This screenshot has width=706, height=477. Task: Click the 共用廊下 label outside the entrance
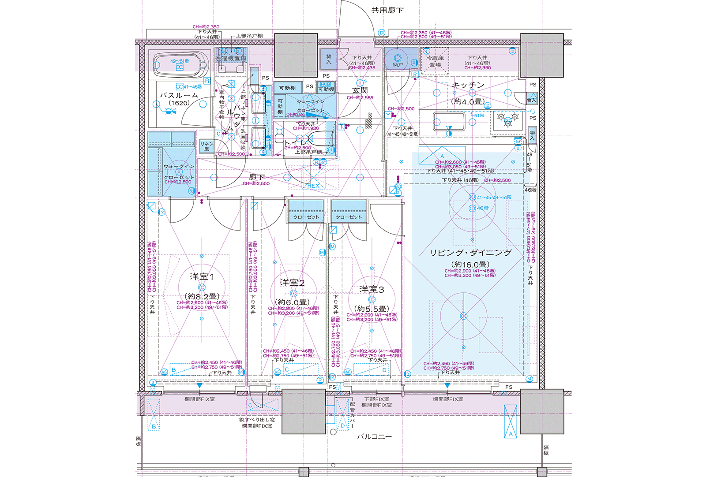(x=387, y=10)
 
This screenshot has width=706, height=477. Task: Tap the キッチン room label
(x=468, y=85)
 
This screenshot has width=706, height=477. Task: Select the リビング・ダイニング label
(x=470, y=253)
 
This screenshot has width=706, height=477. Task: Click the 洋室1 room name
(x=202, y=276)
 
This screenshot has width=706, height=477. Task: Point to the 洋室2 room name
(x=292, y=283)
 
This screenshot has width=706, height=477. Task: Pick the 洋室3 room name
(x=372, y=289)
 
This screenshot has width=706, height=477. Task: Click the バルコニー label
(x=374, y=436)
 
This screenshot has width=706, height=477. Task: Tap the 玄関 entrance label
(x=360, y=90)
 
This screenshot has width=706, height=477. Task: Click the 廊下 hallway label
(x=256, y=177)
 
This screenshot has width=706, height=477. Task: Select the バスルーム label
(x=179, y=95)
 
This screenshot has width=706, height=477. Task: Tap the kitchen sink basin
(x=449, y=121)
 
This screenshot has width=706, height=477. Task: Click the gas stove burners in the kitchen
(x=507, y=119)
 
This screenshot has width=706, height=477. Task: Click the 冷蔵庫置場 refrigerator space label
(x=435, y=61)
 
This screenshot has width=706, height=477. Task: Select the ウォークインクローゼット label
(x=179, y=171)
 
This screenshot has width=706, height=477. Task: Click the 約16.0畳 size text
(x=470, y=265)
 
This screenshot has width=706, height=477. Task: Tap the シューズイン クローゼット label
(x=310, y=106)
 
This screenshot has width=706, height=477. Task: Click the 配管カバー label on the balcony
(x=352, y=415)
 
